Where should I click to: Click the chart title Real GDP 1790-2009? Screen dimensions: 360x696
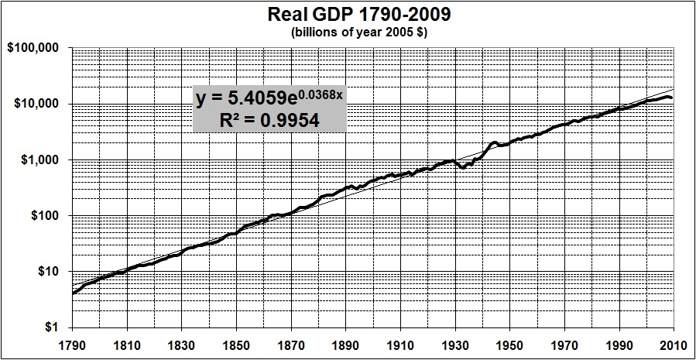coord(348,15)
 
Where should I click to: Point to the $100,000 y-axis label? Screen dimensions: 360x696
coord(36,48)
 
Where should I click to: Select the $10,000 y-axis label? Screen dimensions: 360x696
coord(39,104)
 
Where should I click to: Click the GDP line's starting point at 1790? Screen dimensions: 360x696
coord(72,294)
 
